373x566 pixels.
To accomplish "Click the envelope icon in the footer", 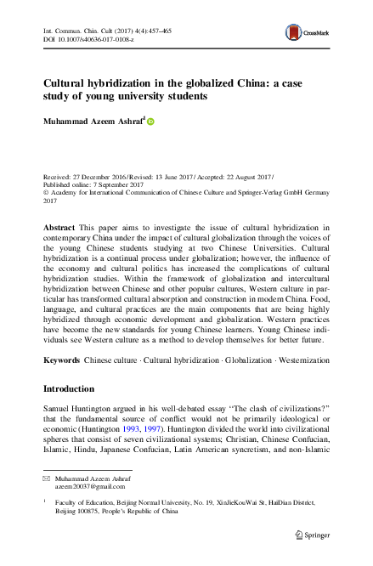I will (48, 481).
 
